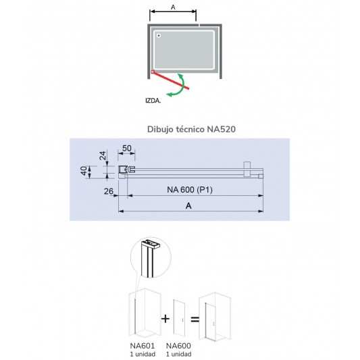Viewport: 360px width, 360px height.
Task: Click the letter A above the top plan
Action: [173, 7]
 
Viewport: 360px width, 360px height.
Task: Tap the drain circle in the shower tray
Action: [159, 36]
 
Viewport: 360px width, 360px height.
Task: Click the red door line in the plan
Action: [170, 80]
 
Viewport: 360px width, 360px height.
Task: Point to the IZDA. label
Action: [153, 101]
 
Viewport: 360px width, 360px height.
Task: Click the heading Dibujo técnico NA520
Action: [191, 129]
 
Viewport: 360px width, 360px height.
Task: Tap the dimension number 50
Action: [127, 149]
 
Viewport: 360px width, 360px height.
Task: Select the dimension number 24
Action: [103, 155]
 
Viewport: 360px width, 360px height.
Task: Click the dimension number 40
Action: [84, 171]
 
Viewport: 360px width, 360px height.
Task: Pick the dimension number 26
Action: [109, 191]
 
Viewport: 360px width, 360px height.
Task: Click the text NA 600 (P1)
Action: [190, 190]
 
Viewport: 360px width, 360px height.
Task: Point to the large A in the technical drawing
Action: [188, 205]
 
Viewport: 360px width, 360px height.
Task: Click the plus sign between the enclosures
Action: [165, 319]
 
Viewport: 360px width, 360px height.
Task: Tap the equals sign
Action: [195, 319]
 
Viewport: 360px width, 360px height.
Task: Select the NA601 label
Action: [143, 346]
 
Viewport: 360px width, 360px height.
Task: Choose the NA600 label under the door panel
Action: [178, 346]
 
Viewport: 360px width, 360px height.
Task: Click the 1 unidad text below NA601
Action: [143, 354]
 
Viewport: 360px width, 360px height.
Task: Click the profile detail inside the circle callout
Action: [150, 257]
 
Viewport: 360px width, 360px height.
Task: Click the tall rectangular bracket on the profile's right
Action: [247, 170]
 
